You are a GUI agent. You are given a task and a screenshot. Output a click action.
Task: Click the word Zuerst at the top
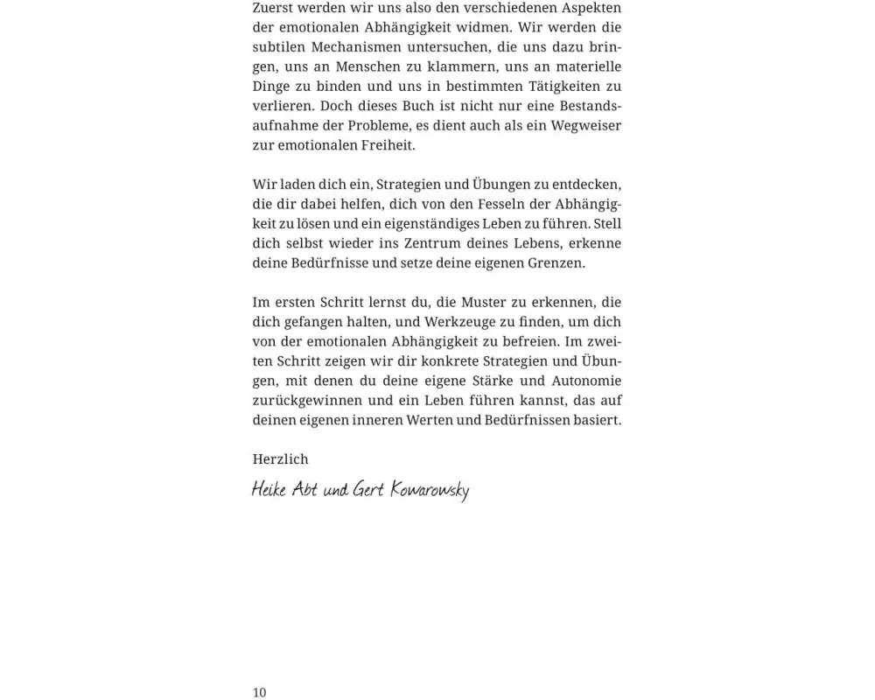[274, 8]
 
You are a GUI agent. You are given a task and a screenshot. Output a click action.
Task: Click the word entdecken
[586, 185]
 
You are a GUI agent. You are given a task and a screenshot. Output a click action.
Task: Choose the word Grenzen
[555, 262]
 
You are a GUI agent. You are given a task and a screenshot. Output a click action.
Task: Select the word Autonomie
[585, 381]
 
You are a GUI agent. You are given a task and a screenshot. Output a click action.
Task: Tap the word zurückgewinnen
[306, 400]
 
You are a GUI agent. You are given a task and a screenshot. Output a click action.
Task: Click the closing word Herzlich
[280, 459]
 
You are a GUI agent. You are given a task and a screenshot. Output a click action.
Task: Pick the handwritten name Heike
[269, 489]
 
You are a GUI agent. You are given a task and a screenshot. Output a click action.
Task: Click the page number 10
[259, 692]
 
